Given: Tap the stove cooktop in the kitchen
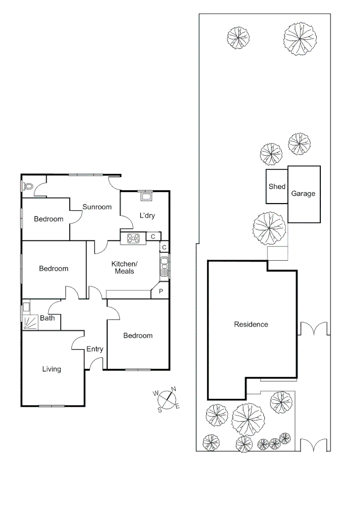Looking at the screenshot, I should pyautogui.click(x=133, y=238).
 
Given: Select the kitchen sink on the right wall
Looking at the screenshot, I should pyautogui.click(x=164, y=266).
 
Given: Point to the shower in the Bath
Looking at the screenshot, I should pyautogui.click(x=30, y=323).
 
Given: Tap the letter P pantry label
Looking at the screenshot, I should pyautogui.click(x=161, y=291).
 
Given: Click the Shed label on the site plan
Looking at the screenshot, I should pyautogui.click(x=277, y=187).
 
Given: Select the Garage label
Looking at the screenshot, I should pyautogui.click(x=303, y=194).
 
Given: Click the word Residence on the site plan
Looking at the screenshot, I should pyautogui.click(x=251, y=324).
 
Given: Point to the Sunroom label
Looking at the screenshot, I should pyautogui.click(x=97, y=207).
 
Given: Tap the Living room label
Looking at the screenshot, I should pyautogui.click(x=51, y=369).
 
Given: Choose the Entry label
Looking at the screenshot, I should pyautogui.click(x=94, y=349).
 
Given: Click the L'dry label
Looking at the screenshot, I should pyautogui.click(x=147, y=216).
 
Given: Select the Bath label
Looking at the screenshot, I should pyautogui.click(x=47, y=318).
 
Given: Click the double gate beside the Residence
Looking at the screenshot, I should pyautogui.click(x=314, y=329).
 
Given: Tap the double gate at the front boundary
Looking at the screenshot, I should pyautogui.click(x=314, y=445).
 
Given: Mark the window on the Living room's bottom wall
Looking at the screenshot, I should pyautogui.click(x=52, y=406).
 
